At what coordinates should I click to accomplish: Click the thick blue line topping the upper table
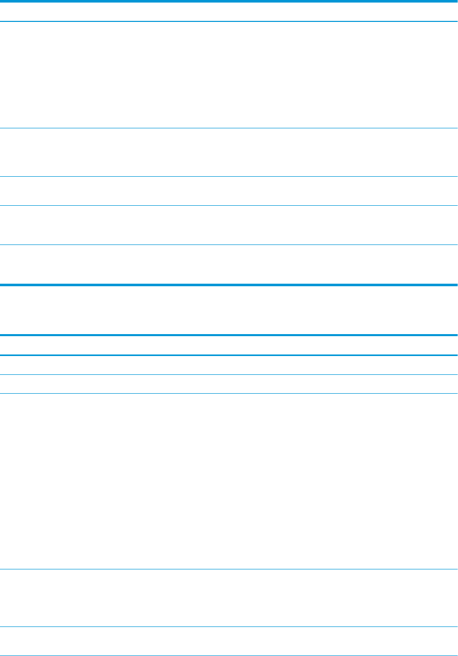(x=229, y=1)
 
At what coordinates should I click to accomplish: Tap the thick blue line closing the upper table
(x=229, y=285)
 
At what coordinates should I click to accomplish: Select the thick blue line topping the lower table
(x=229, y=335)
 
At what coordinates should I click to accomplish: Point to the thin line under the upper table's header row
(x=229, y=21)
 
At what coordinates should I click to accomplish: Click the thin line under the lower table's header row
(x=229, y=355)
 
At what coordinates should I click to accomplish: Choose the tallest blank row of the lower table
(x=229, y=481)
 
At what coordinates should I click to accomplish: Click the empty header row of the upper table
(x=229, y=12)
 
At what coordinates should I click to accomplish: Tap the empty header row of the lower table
(x=229, y=345)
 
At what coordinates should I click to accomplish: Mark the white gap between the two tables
(x=229, y=310)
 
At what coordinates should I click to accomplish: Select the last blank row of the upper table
(x=229, y=264)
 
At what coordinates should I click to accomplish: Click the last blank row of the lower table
(x=229, y=641)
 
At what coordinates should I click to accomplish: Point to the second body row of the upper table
(x=229, y=152)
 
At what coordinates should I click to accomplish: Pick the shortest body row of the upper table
(x=229, y=191)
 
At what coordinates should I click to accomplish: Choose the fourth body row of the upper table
(x=229, y=225)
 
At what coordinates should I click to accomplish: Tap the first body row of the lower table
(x=229, y=365)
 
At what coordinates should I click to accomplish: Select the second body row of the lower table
(x=229, y=384)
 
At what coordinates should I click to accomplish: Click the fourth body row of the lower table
(x=229, y=598)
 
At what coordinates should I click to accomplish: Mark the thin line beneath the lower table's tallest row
(x=229, y=569)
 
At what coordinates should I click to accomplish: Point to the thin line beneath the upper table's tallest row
(x=229, y=128)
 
